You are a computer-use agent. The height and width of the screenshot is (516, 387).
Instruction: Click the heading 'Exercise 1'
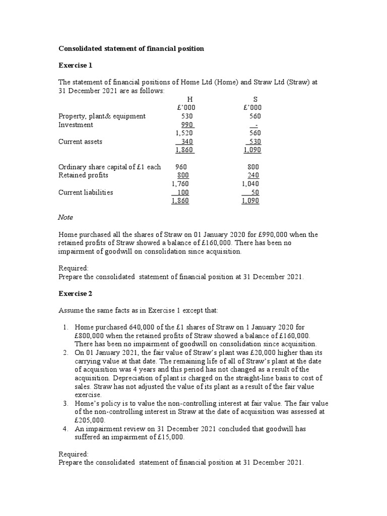tap(76, 66)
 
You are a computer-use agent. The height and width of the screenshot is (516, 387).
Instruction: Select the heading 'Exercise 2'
tap(76, 293)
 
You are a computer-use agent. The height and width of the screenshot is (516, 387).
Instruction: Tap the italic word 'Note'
tap(66, 217)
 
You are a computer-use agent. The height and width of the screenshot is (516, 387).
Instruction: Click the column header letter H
tap(189, 99)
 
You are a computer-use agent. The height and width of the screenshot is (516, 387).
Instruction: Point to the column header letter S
tap(255, 99)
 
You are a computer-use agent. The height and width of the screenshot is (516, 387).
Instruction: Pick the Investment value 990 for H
tap(187, 124)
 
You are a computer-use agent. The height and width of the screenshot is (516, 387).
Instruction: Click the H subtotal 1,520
tap(185, 133)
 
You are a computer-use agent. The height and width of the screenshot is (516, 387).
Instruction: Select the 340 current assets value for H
tap(187, 142)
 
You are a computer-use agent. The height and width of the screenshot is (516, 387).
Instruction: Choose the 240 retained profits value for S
tap(254, 175)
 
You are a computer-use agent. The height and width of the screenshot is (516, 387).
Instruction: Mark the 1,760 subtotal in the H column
tap(185, 184)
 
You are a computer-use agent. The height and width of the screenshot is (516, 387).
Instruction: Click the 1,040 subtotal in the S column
tap(251, 184)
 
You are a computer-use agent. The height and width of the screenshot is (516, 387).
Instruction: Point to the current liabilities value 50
tap(255, 192)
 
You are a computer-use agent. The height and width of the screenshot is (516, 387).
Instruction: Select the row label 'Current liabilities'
tap(86, 192)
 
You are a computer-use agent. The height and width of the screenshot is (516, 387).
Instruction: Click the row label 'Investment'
tap(76, 124)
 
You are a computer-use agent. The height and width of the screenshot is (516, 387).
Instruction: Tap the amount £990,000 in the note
tap(278, 234)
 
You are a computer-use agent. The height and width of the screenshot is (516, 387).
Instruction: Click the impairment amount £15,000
tap(168, 437)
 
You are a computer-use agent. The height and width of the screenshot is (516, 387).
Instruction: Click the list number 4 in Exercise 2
tap(66, 428)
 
